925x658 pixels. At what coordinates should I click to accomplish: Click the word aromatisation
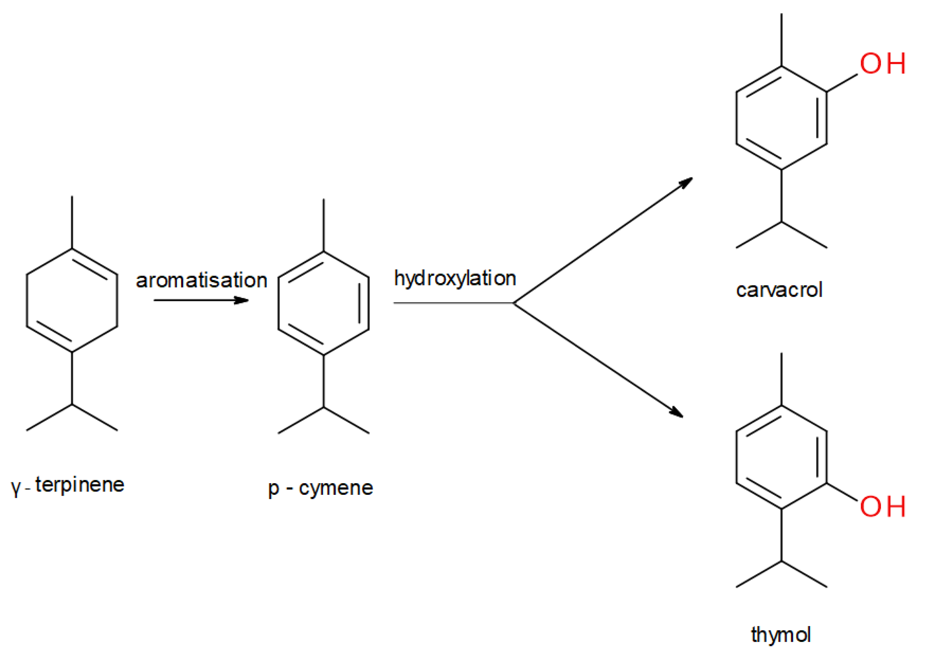pos(201,280)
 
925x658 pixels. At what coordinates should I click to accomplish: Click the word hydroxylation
pos(455,279)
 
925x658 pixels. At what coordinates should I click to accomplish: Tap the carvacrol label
pos(779,290)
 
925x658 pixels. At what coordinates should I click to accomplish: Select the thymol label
pos(780,634)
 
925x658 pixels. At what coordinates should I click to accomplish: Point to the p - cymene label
pos(320,488)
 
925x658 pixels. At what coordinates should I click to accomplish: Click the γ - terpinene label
pos(68,485)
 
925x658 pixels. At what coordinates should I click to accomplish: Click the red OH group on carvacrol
pos(883,64)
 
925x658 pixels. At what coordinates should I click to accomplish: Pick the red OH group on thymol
pos(883,507)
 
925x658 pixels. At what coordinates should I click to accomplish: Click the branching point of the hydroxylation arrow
pos(514,303)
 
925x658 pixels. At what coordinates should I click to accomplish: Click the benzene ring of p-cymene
pos(323,303)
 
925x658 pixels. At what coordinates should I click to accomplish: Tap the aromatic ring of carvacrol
pos(781,117)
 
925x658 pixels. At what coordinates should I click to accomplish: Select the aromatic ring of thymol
pos(781,457)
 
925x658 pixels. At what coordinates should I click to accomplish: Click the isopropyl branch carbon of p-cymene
pos(323,407)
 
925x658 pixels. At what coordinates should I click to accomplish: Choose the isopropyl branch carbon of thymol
pos(781,561)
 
